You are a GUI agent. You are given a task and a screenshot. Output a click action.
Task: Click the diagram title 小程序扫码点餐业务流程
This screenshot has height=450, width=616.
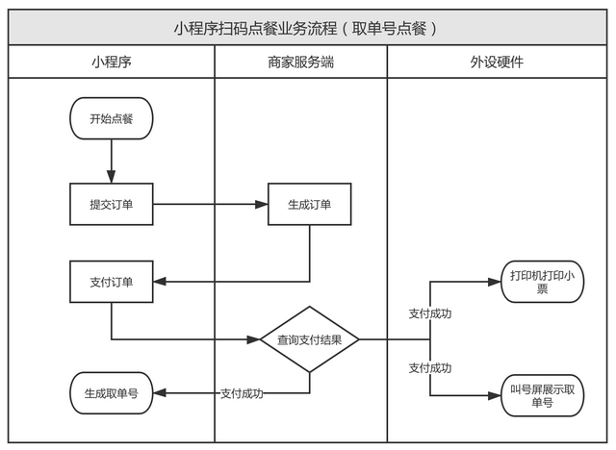point(307,28)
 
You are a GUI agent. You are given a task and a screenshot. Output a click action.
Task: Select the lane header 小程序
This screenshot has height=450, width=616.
point(111,62)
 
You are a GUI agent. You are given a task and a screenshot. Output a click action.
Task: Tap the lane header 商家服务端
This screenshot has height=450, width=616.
point(300,62)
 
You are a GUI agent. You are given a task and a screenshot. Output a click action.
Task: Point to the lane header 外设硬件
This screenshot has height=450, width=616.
point(497,62)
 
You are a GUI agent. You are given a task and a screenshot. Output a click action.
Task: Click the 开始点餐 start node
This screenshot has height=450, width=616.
point(111,119)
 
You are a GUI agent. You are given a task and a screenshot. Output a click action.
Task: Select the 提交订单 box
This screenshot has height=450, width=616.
point(111,204)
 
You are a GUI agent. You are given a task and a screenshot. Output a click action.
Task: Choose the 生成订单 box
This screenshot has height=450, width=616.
point(309,204)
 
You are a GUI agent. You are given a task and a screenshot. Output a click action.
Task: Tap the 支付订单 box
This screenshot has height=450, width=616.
point(111,282)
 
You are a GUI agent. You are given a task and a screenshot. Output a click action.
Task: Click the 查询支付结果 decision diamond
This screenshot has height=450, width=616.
point(309,339)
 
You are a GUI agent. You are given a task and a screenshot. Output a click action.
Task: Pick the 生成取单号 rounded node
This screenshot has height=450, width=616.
point(111,393)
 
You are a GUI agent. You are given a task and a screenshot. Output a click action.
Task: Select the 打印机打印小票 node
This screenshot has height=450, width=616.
point(542,282)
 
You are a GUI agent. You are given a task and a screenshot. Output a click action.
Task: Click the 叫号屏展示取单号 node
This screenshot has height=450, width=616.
point(542,395)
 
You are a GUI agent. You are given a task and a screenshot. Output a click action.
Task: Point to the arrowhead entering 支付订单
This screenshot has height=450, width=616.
point(160,282)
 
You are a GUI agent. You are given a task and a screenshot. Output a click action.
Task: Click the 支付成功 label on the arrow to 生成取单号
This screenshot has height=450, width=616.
point(242,393)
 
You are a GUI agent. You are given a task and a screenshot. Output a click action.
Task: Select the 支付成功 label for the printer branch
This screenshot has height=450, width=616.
point(430,313)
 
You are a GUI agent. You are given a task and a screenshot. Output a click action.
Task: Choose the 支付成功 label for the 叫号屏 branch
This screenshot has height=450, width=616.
point(430,367)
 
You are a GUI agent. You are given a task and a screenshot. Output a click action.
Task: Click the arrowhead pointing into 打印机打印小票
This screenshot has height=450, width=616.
point(494,282)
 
